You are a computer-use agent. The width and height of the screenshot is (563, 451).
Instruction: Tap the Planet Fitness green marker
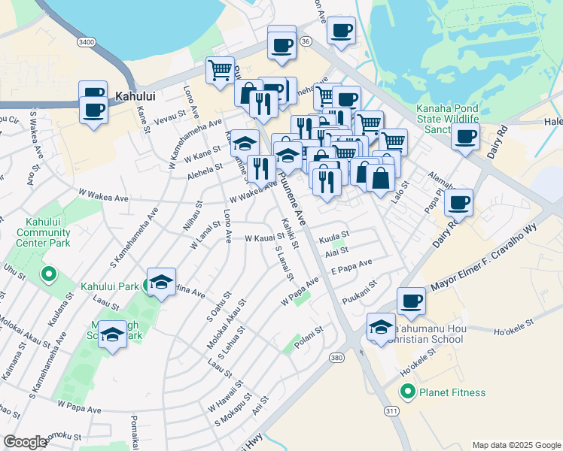(x=408, y=392)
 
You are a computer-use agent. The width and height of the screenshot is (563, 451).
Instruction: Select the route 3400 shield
(x=87, y=42)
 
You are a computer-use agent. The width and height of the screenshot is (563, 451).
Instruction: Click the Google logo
(x=25, y=442)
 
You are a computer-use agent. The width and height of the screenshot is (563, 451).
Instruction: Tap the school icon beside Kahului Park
(x=161, y=282)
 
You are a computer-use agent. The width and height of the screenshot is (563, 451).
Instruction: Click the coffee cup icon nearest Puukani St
(x=411, y=301)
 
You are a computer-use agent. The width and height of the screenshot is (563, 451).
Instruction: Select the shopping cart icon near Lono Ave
(x=220, y=70)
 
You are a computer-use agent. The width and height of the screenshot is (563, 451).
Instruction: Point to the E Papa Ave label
(x=351, y=268)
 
